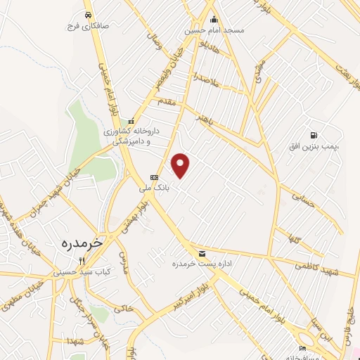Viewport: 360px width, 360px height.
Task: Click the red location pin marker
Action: click(x=181, y=165)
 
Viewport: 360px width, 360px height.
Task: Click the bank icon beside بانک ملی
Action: click(x=154, y=177)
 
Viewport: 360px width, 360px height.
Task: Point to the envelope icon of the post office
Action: click(x=202, y=253)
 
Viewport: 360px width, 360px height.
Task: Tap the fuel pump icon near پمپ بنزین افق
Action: click(x=312, y=135)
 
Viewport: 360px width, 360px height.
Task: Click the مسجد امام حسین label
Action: click(x=214, y=30)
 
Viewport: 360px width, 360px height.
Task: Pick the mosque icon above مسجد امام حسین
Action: click(x=214, y=20)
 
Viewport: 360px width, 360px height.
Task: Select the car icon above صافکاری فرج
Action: click(x=86, y=15)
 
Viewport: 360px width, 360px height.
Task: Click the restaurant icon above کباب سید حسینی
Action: click(x=82, y=261)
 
